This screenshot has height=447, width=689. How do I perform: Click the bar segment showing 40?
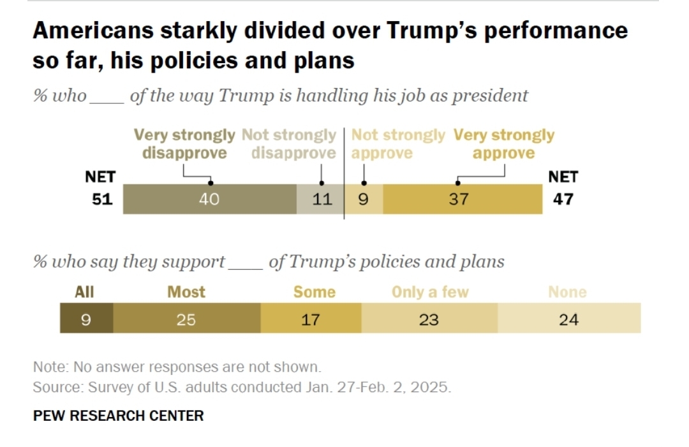click(209, 200)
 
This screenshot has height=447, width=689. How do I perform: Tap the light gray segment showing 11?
click(321, 200)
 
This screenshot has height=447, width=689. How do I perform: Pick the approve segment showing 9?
click(364, 200)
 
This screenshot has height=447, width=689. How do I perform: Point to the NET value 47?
click(562, 199)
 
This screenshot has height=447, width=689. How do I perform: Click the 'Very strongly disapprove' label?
click(184, 144)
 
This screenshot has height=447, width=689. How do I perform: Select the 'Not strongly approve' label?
click(397, 144)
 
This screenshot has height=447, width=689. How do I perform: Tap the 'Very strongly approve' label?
click(503, 144)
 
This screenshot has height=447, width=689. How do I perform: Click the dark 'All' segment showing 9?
click(86, 319)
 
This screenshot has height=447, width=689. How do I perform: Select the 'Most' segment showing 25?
click(186, 319)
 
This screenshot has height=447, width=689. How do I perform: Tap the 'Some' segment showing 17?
click(311, 319)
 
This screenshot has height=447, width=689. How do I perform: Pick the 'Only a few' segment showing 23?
click(429, 319)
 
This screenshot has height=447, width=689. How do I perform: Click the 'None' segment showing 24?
click(568, 319)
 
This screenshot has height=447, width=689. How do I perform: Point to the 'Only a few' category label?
click(430, 292)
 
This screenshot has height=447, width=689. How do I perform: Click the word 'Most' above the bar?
click(186, 292)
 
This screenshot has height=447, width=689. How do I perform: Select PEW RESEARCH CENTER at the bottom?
click(119, 416)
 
